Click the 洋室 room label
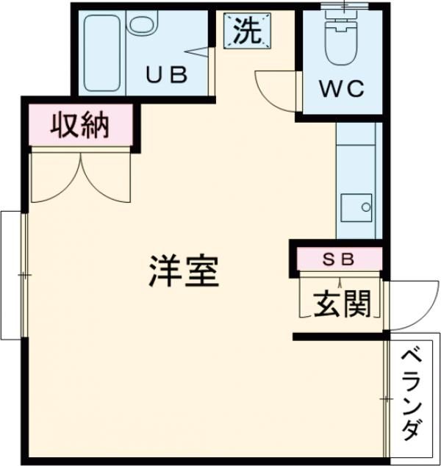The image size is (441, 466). [184, 271]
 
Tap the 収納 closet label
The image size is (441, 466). [79, 126]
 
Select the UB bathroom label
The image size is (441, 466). [166, 74]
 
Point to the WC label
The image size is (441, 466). [342, 89]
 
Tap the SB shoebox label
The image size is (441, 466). [340, 259]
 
